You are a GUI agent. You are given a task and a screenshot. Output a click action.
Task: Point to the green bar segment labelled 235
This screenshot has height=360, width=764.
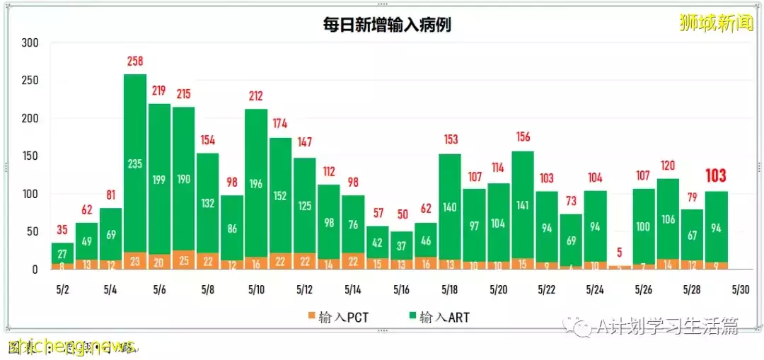click(x=135, y=164)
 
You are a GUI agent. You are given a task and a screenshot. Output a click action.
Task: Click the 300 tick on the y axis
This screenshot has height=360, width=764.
click(x=30, y=43)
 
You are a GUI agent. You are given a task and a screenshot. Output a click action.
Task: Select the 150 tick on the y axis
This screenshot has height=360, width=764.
click(x=30, y=156)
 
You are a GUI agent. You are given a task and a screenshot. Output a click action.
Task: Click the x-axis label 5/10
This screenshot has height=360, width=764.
click(x=256, y=290)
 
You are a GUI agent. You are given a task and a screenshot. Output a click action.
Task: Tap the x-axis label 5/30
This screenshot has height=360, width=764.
click(x=740, y=290)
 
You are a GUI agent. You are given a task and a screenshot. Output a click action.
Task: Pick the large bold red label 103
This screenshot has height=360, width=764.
click(x=716, y=176)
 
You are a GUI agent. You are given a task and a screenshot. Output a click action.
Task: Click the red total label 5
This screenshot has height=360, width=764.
click(x=620, y=252)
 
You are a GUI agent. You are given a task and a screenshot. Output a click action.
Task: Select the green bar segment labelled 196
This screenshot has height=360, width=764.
click(x=256, y=184)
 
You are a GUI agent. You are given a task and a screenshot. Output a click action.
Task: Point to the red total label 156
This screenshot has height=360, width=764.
click(x=523, y=137)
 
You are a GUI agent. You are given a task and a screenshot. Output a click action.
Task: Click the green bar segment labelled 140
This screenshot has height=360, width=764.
click(x=450, y=208)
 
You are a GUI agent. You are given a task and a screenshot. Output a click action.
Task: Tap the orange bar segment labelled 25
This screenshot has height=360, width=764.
click(x=184, y=260)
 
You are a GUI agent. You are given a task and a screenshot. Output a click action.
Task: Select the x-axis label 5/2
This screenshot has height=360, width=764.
click(x=62, y=290)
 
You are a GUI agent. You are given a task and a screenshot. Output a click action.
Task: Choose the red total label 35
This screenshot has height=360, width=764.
click(x=62, y=230)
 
